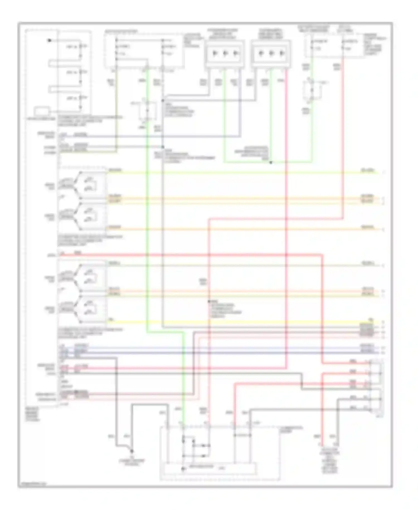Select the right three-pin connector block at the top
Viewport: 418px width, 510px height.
[x=271, y=54]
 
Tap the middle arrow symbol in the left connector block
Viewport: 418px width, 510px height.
[x=225, y=53]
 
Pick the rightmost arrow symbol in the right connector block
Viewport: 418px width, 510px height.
[x=282, y=53]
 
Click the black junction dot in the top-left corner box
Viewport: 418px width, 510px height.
[x=49, y=40]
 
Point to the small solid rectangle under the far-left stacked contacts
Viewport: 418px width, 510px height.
[x=42, y=111]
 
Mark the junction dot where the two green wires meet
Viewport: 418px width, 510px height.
[x=271, y=162]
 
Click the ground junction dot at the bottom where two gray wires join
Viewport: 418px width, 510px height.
[x=132, y=451]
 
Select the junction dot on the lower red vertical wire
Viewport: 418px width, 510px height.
[x=209, y=302]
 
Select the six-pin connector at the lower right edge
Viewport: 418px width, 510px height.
[x=376, y=387]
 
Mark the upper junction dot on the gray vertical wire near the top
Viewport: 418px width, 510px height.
[x=163, y=101]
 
